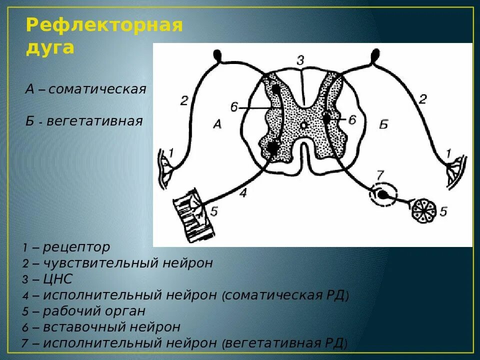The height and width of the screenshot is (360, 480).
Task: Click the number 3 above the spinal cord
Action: tap(300, 60)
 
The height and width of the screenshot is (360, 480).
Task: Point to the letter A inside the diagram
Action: tap(216, 125)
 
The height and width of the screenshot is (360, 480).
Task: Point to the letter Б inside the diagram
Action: tap(383, 125)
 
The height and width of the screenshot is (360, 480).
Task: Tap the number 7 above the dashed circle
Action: tap(380, 175)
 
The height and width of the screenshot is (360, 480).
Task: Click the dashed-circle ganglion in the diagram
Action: tap(382, 194)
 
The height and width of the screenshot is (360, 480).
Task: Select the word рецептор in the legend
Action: tap(76, 247)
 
